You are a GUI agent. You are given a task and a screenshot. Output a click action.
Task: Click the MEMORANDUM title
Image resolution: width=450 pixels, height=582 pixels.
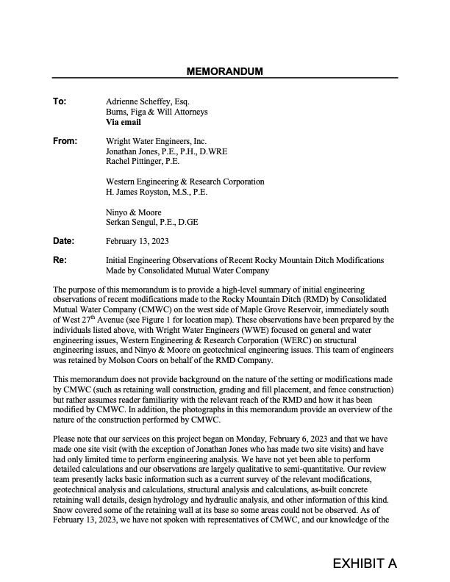[225, 71]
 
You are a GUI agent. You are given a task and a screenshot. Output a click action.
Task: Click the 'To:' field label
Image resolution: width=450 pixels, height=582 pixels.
[60, 101]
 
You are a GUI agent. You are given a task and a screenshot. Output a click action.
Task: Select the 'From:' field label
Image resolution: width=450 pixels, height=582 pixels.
[64, 140]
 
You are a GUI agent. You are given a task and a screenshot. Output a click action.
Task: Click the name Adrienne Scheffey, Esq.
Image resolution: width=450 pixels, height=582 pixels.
[149, 101]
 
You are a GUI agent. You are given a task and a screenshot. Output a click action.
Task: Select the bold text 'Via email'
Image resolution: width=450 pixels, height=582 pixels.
[124, 122]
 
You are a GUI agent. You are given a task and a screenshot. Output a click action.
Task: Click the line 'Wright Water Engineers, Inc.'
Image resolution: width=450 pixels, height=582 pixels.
[157, 140]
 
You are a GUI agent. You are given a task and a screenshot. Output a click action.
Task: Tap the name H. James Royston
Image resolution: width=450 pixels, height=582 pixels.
[139, 192]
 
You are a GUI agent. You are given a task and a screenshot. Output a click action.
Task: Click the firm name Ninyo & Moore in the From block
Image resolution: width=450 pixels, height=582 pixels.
[134, 212]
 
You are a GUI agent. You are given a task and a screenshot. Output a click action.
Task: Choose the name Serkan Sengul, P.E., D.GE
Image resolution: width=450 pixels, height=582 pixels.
[152, 222]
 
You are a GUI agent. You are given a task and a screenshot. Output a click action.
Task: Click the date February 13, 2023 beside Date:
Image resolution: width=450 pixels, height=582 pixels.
[137, 240]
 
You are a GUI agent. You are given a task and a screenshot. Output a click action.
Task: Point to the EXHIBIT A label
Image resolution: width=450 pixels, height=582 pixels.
[364, 564]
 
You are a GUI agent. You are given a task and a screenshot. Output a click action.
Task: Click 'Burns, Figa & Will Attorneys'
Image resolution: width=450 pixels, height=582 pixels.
[157, 112]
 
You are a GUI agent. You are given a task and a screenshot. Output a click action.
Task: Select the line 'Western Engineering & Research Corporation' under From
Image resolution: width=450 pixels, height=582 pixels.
[185, 182]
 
